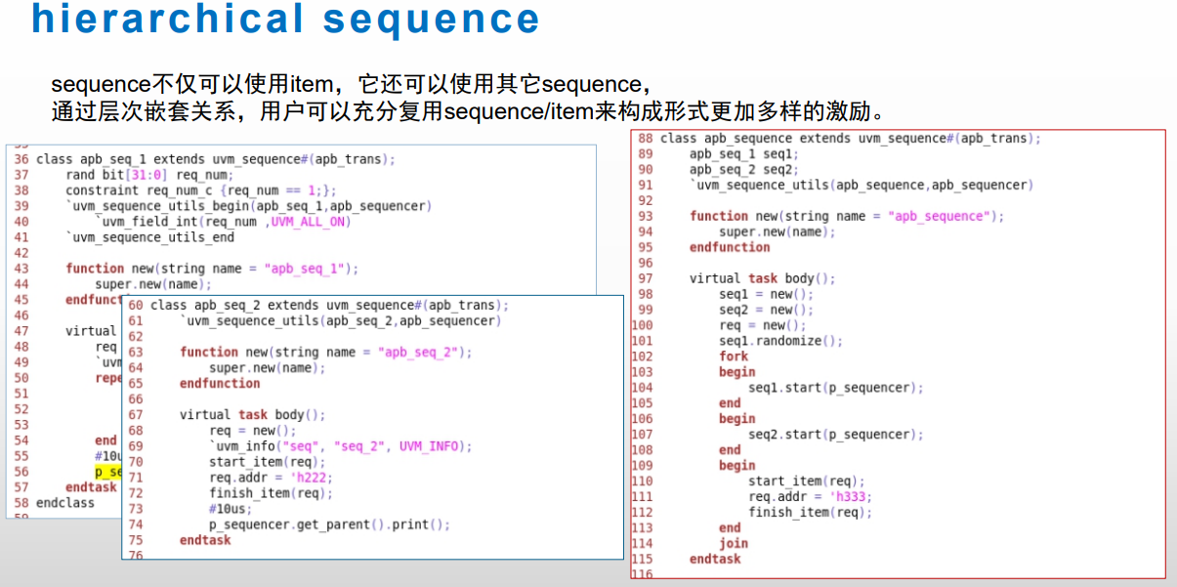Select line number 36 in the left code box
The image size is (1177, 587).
[21, 159]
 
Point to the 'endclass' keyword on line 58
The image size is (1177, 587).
[65, 503]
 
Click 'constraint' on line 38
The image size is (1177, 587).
[95, 190]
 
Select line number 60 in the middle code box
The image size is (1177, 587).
[136, 306]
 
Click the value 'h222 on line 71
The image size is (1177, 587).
[315, 478]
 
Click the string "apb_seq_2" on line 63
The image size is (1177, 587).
[420, 353]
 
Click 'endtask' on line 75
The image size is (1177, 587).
[205, 540]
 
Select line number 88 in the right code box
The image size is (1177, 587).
[645, 139]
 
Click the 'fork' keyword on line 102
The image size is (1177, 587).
[734, 356]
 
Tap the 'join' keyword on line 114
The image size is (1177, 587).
[734, 544]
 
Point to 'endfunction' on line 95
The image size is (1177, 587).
[730, 247]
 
